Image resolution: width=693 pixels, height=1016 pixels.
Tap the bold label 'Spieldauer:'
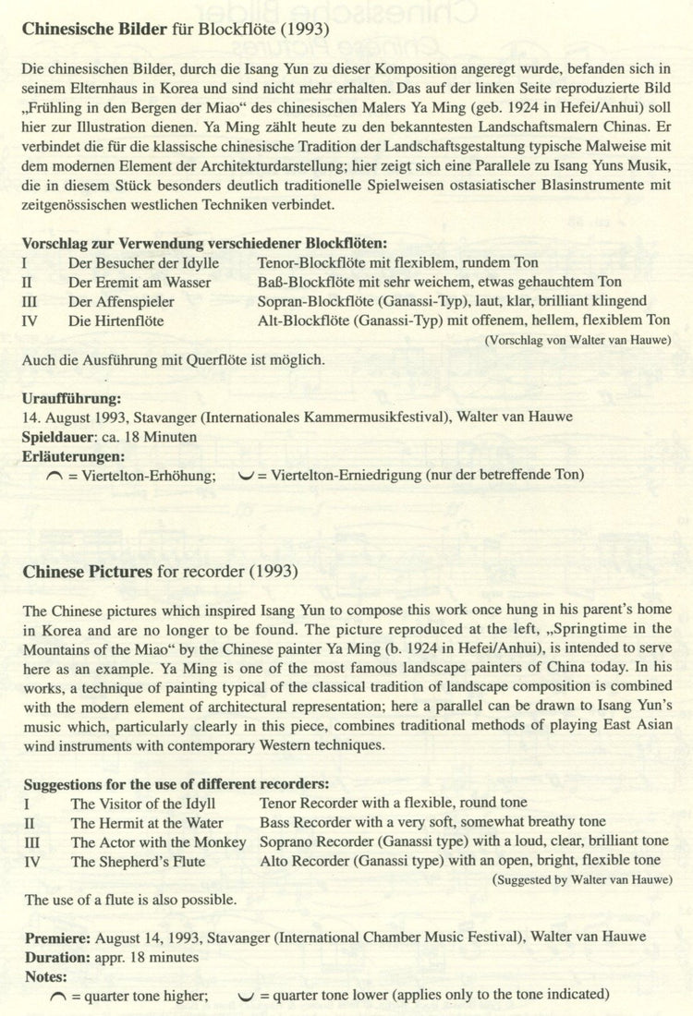pos(62,436)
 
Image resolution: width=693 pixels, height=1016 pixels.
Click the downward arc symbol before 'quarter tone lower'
pos(245,996)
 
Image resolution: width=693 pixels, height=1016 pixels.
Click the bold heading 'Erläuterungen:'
pos(73,455)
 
